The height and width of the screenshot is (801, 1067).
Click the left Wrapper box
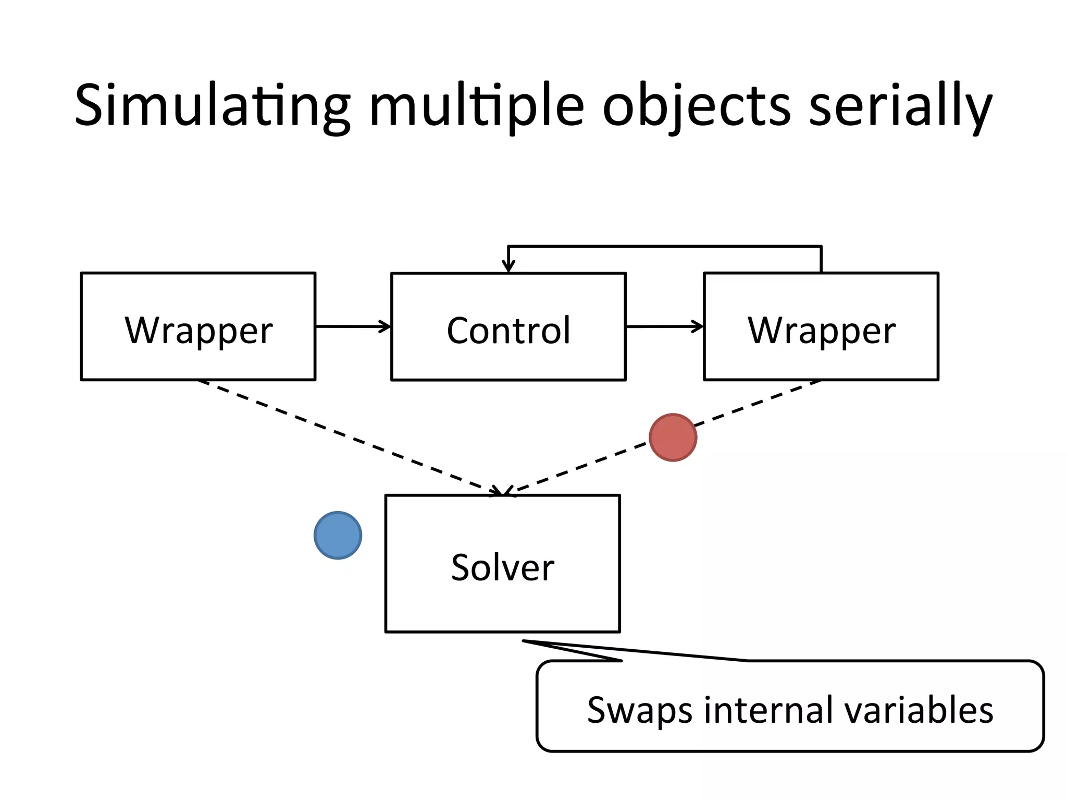pyautogui.click(x=198, y=326)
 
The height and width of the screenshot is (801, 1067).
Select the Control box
pyautogui.click(x=508, y=326)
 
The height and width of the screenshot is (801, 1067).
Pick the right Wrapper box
pyautogui.click(x=821, y=326)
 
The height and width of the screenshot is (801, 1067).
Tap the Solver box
pyautogui.click(x=502, y=564)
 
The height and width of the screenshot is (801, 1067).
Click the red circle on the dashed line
pyautogui.click(x=673, y=438)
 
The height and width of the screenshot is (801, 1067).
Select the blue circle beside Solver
pyautogui.click(x=338, y=536)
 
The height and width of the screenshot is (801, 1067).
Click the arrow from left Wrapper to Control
pyautogui.click(x=353, y=326)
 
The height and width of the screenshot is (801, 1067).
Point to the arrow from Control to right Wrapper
pyautogui.click(x=665, y=326)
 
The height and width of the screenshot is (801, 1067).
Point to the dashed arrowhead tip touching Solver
pyautogui.click(x=503, y=493)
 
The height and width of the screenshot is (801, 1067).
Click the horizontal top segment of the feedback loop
pyautogui.click(x=665, y=246)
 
